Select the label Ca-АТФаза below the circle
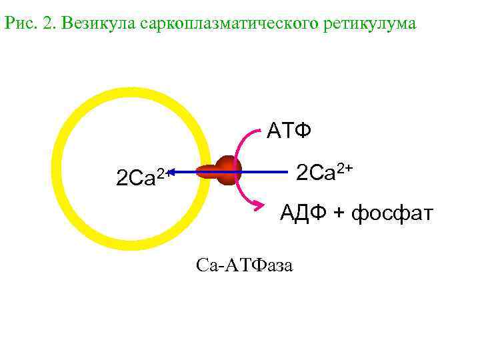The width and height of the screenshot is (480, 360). pyautogui.click(x=245, y=265)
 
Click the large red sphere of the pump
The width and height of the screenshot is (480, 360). pyautogui.click(x=229, y=171)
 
